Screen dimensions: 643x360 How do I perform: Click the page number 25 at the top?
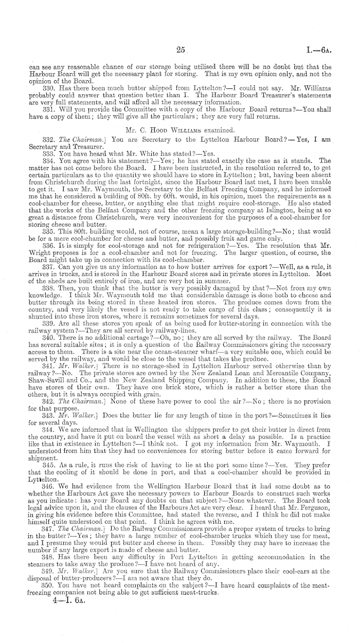pos(180,50)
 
